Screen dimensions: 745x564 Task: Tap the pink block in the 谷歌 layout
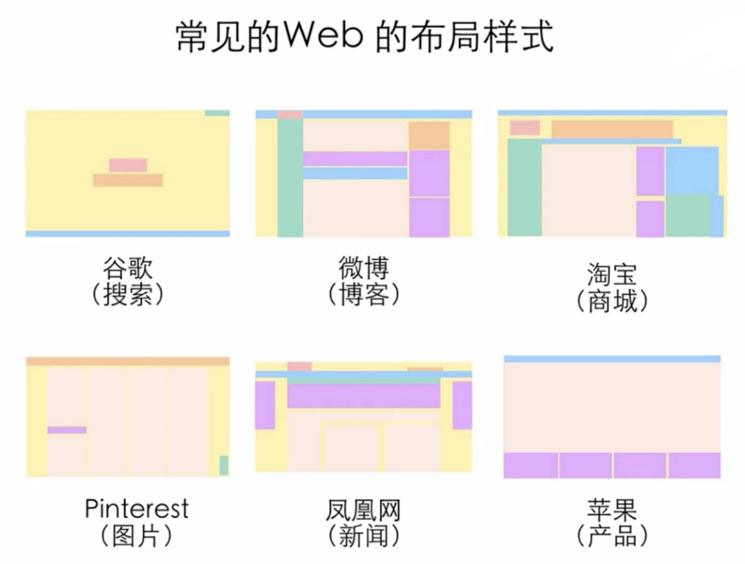(x=127, y=166)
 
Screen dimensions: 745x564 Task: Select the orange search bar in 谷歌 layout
(x=127, y=180)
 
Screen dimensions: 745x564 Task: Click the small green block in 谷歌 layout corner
(x=217, y=113)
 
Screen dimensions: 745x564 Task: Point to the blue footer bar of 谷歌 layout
(x=127, y=234)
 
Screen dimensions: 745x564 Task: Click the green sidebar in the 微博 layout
(x=290, y=178)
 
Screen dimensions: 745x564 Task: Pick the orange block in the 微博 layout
(x=429, y=135)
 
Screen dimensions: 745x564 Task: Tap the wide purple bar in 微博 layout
(x=355, y=159)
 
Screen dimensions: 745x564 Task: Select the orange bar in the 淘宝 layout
(x=611, y=129)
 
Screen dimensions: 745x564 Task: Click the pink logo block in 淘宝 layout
(x=525, y=127)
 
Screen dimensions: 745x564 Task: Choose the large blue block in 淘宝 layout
(x=692, y=171)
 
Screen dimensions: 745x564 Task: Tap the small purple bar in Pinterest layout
(x=67, y=430)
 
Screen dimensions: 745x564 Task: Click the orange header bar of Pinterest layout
(x=127, y=361)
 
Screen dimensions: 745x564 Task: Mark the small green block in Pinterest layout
(x=223, y=465)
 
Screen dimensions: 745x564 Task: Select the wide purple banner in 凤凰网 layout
(x=364, y=395)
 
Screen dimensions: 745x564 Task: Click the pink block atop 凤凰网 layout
(x=299, y=366)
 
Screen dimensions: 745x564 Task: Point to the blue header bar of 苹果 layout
(x=612, y=359)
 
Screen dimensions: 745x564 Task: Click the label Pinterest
(x=137, y=509)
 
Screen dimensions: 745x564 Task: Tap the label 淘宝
(x=611, y=275)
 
